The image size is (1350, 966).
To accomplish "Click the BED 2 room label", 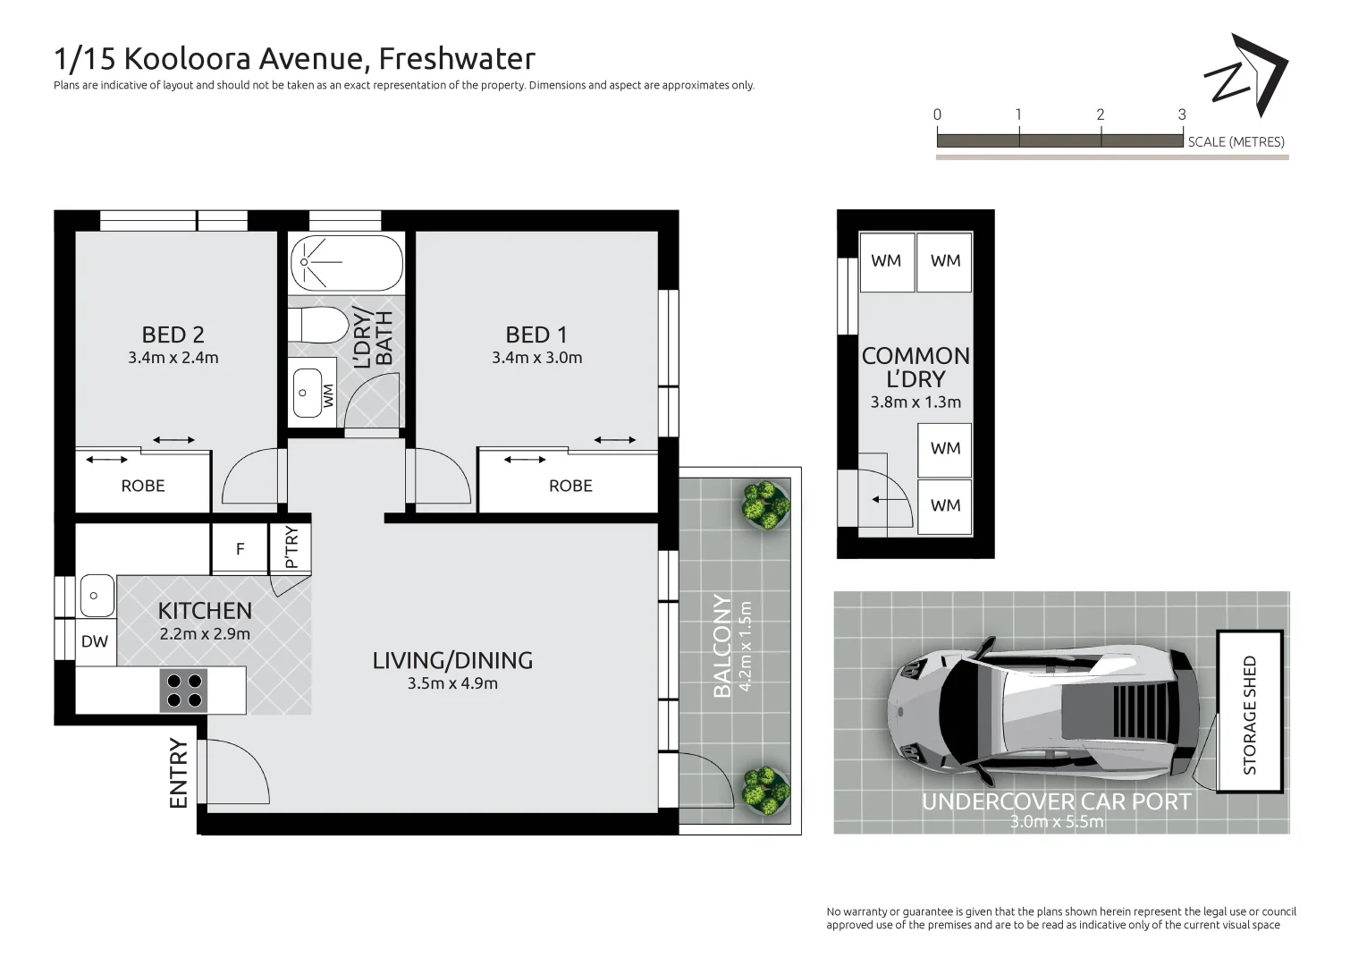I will pos(173,335).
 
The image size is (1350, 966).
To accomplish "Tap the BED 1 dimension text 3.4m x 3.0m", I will pos(536,358).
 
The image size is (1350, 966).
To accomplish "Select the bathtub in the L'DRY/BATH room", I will pos(346,262).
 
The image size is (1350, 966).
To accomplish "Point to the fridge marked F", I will pos(240,549).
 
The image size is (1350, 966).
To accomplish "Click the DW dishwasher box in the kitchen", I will pos(95,641).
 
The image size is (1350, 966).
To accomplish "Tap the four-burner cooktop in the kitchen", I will pos(183,690).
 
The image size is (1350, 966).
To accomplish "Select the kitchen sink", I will pos(96,595).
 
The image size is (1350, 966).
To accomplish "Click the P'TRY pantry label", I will pos(291,547).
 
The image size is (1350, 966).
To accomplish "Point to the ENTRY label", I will pos(179,774).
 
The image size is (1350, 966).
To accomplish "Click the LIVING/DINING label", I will pos(452,660).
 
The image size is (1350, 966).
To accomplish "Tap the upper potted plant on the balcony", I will pos(765,504).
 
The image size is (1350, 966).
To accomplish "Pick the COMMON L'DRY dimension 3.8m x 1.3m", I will pos(915,402).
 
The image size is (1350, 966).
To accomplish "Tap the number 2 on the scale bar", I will pos(1100,114).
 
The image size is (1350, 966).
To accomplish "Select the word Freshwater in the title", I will pos(457,59).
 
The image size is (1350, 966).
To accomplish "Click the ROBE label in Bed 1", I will pos(570,486).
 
